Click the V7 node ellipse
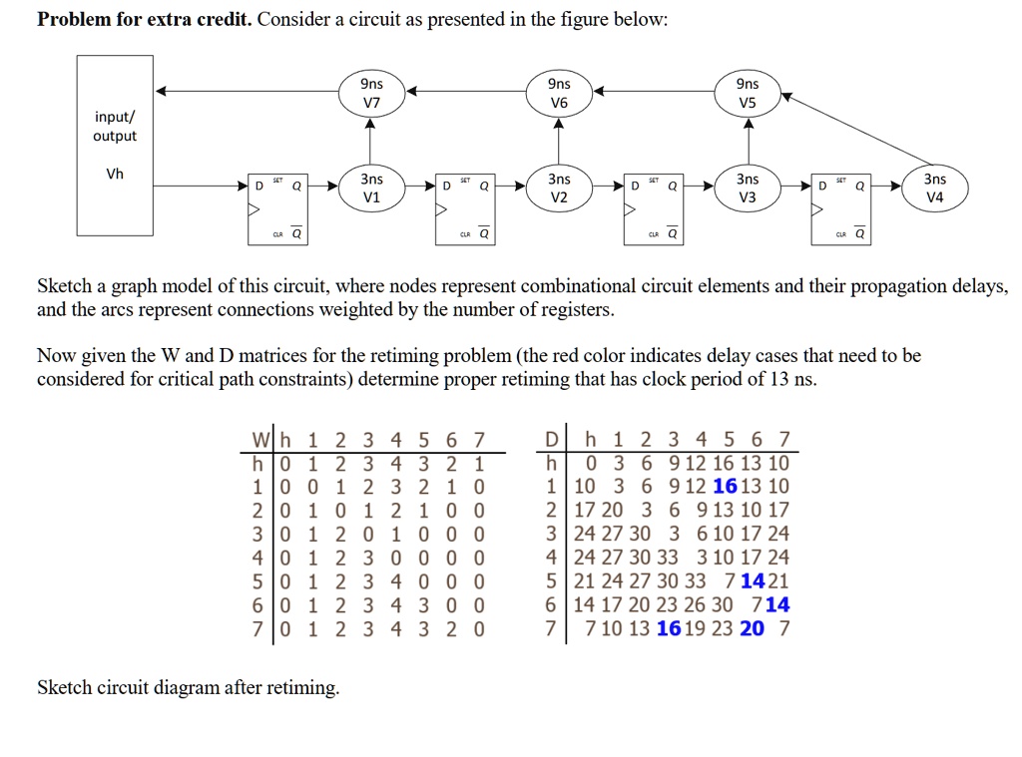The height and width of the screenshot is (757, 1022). point(371,93)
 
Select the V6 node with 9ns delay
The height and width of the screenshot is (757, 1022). point(559,93)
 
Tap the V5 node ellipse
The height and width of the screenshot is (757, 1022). point(748,93)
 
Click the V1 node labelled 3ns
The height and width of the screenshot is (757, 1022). point(371,187)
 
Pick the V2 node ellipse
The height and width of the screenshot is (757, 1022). point(559,187)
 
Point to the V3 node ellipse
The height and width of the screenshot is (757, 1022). point(748,187)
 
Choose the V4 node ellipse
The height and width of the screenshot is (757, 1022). point(935,187)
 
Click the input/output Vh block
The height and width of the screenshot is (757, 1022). point(115,145)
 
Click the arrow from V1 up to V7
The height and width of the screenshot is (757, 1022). point(371,140)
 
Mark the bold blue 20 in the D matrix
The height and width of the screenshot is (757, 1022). point(753,627)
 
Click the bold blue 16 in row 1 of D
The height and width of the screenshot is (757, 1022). point(726,486)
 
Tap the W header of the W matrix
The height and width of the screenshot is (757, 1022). point(260,439)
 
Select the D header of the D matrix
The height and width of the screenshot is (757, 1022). point(551,439)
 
